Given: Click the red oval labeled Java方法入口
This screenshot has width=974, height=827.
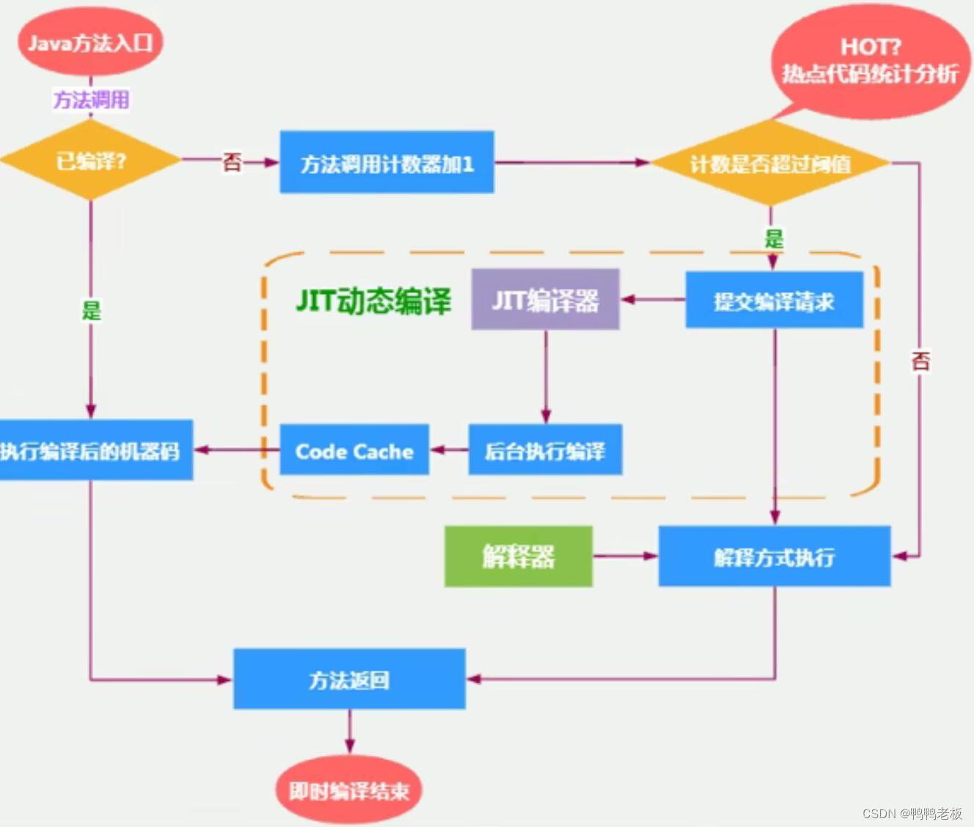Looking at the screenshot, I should (90, 43).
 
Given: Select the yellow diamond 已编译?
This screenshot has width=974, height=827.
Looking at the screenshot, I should (91, 161).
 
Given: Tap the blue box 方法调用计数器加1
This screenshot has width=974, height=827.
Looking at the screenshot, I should (387, 163).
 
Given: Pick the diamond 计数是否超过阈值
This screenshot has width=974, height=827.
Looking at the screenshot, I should (770, 163).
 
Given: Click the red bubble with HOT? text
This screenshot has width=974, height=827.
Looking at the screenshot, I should (870, 61).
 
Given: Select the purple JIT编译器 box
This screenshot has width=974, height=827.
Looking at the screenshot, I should (545, 300).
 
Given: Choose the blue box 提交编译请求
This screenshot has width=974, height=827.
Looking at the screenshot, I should (774, 301).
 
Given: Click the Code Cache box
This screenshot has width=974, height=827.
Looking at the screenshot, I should (354, 450).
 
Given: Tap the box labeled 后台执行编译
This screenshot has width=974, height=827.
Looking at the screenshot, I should (545, 450).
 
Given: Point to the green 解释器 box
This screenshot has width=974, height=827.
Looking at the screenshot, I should (518, 556).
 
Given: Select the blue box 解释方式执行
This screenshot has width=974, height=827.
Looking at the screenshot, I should (774, 556).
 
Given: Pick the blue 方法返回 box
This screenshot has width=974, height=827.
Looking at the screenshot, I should (349, 680).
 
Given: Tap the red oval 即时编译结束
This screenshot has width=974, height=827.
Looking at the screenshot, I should (348, 790).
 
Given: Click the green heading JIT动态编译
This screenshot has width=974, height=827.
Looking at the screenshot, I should (373, 301).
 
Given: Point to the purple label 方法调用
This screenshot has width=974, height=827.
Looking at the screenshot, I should (91, 100).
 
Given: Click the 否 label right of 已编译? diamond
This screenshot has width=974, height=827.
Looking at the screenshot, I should (232, 161).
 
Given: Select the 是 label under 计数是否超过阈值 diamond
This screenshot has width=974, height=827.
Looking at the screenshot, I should (774, 238).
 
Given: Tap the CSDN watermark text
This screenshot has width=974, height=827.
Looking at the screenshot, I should (912, 813).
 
